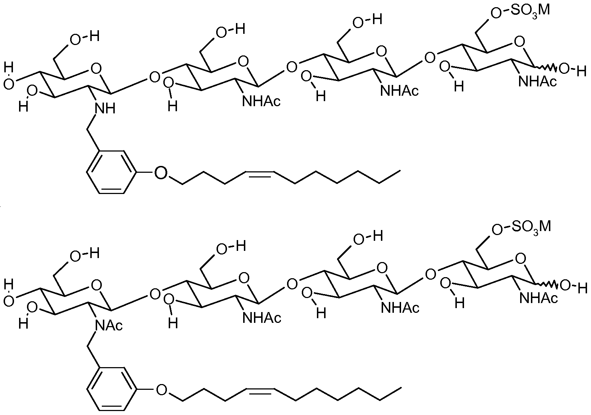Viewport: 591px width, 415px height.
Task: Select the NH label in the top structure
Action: (x=105, y=108)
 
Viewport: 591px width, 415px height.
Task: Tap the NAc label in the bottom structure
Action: (x=109, y=325)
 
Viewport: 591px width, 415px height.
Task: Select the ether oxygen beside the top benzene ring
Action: (x=161, y=173)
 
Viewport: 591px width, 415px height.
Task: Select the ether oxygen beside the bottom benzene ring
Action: (x=162, y=390)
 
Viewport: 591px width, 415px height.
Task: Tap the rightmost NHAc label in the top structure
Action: (x=537, y=81)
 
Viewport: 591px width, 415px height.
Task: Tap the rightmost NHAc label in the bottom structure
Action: (x=538, y=298)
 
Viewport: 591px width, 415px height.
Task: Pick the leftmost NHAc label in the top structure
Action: (x=261, y=102)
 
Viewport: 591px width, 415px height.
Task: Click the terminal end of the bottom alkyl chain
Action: (x=401, y=388)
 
